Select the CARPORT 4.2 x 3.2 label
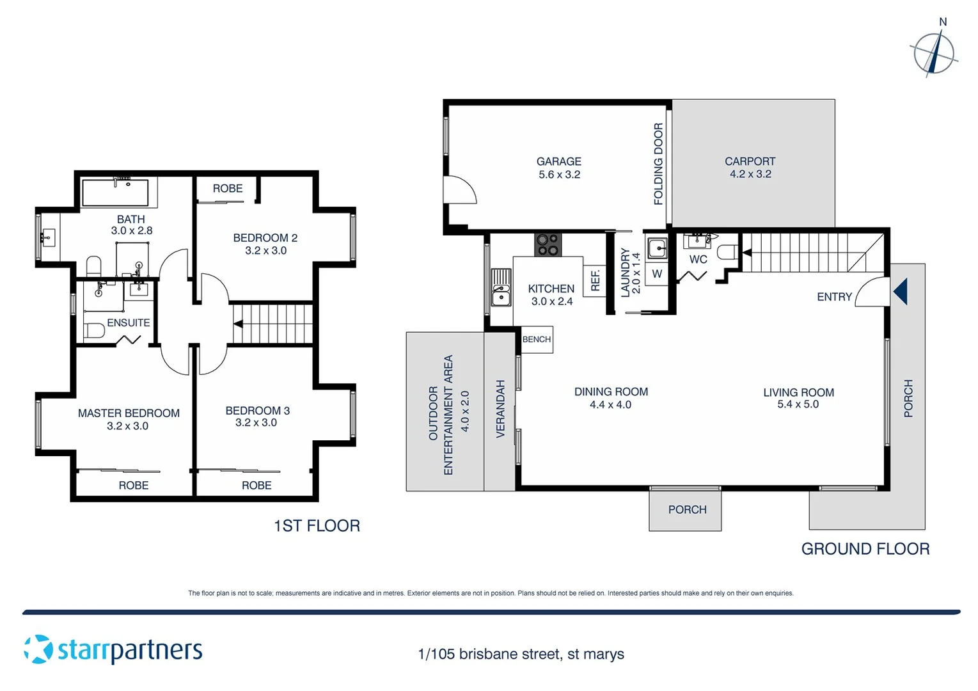pyautogui.click(x=750, y=168)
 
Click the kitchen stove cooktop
pyautogui.click(x=548, y=244)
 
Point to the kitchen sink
pyautogui.click(x=501, y=289)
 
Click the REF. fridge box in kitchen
pyautogui.click(x=595, y=280)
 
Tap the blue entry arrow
pyautogui.click(x=900, y=292)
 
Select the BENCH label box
pyautogui.click(x=536, y=340)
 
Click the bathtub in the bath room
pyautogui.click(x=116, y=193)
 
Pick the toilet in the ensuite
pyautogui.click(x=95, y=331)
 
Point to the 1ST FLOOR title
pyautogui.click(x=317, y=526)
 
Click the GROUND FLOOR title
pyautogui.click(x=865, y=549)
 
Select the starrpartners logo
pyautogui.click(x=113, y=650)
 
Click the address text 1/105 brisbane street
pyautogui.click(x=521, y=654)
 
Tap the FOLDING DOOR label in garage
pyautogui.click(x=658, y=164)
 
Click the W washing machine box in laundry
pyautogui.click(x=656, y=274)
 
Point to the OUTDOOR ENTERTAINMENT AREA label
pyautogui.click(x=441, y=415)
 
